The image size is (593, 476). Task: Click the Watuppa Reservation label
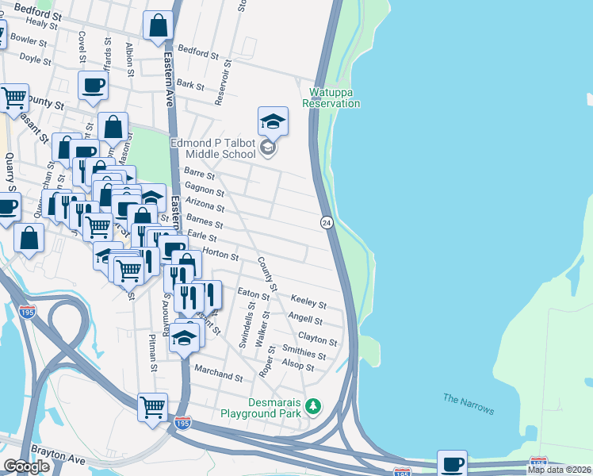[x=331, y=98]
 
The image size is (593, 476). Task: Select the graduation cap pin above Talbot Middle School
[x=273, y=121]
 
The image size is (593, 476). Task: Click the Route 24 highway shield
[x=326, y=223]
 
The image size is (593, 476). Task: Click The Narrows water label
[x=469, y=404]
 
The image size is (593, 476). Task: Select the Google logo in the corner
[x=26, y=466]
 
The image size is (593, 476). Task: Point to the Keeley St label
[x=308, y=303]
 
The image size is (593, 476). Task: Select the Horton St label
[x=220, y=255]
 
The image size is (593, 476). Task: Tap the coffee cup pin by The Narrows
[x=452, y=464]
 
